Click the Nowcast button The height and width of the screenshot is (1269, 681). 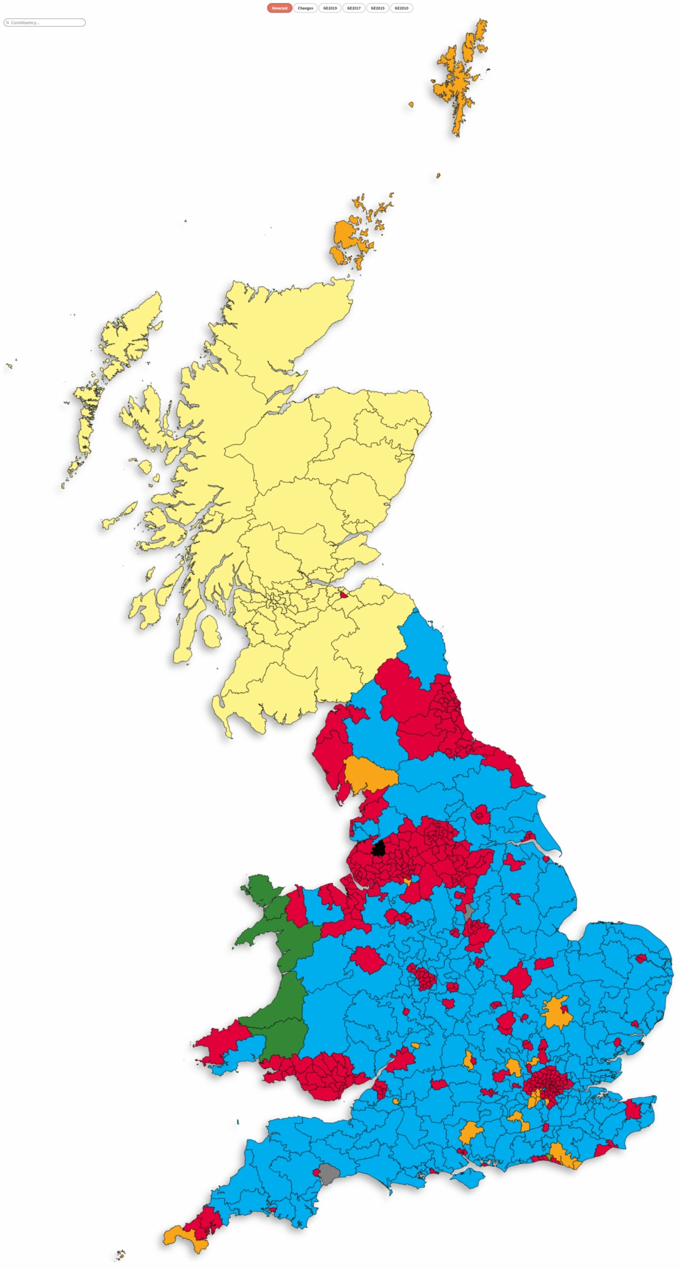click(x=279, y=8)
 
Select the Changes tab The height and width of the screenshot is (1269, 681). click(x=305, y=8)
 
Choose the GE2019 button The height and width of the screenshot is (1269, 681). click(x=330, y=8)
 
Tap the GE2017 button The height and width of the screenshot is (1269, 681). click(x=354, y=8)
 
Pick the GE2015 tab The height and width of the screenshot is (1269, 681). click(x=377, y=8)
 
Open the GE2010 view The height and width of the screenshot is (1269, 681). click(x=401, y=8)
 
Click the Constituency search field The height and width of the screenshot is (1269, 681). click(x=47, y=22)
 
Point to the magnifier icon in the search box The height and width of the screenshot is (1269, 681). click(x=7, y=22)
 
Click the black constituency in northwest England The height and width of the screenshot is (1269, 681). click(x=379, y=848)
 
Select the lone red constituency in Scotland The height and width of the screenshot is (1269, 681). click(x=343, y=595)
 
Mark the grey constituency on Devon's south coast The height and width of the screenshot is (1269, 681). click(x=328, y=1173)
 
